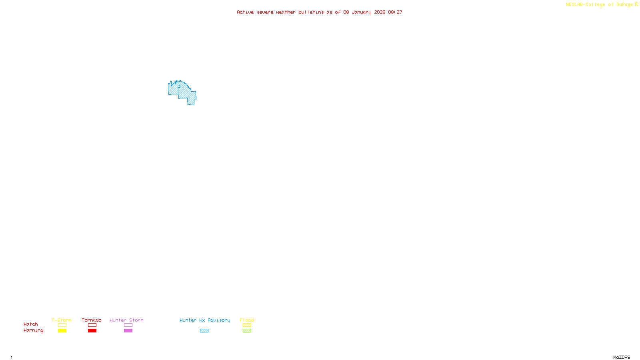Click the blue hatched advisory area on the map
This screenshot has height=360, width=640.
point(185,92)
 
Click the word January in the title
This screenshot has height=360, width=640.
point(361,12)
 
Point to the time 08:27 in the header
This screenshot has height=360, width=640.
point(395,12)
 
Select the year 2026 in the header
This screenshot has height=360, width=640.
point(380,12)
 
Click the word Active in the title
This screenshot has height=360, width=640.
point(245,12)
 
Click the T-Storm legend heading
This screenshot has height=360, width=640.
point(62,320)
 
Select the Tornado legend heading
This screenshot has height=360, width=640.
point(92,320)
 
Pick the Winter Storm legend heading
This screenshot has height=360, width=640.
point(126,320)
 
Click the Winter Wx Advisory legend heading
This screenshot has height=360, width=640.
point(205,320)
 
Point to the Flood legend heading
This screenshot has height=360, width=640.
point(247,320)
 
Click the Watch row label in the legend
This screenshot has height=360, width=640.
point(31,324)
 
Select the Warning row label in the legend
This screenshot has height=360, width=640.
point(33,330)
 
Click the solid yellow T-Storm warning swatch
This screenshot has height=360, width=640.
point(62,331)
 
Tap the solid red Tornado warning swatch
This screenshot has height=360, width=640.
point(92,331)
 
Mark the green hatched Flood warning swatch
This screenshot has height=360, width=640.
point(247,331)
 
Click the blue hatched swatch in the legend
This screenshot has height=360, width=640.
point(204,331)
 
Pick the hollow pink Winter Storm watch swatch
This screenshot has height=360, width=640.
point(128,325)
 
